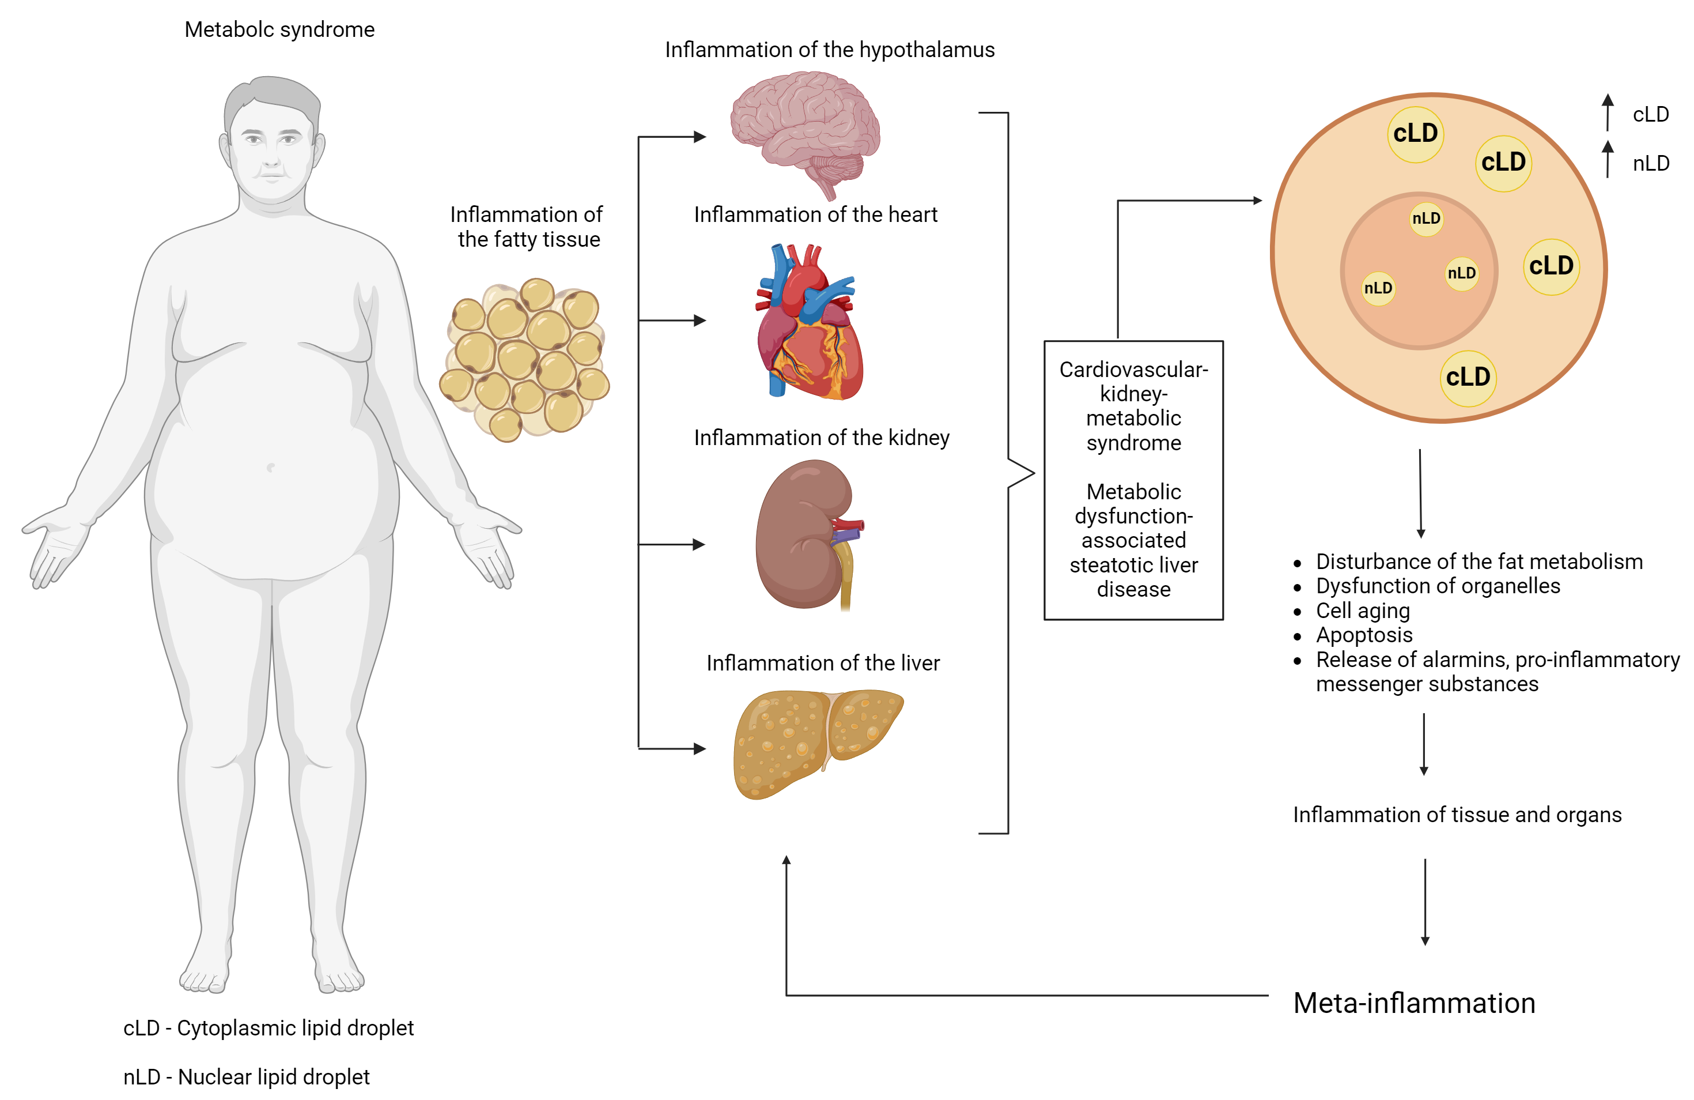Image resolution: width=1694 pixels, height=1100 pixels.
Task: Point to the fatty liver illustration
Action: tap(811, 740)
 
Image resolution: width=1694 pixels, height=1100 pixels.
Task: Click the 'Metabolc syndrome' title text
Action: tap(279, 29)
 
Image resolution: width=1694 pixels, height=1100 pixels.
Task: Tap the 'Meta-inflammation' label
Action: tap(1413, 1003)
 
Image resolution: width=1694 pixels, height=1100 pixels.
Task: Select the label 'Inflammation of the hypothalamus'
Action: tap(829, 50)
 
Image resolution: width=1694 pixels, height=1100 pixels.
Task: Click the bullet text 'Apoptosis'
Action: tap(1364, 634)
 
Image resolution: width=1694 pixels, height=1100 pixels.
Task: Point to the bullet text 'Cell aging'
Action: tap(1362, 610)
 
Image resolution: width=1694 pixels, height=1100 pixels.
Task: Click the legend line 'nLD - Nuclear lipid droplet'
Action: tap(246, 1076)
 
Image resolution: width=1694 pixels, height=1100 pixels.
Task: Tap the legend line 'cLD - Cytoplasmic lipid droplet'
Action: tap(269, 1027)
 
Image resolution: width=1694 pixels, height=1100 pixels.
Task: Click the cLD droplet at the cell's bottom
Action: tap(1468, 378)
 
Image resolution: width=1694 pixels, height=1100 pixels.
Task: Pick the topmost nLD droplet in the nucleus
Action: tap(1425, 219)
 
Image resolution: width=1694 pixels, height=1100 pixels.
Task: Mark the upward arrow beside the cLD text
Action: tap(1607, 112)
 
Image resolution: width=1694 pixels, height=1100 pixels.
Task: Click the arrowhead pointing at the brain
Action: tap(701, 137)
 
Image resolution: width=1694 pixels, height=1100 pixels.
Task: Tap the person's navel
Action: tap(270, 467)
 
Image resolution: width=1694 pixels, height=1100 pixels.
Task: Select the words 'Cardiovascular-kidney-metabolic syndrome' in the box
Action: tap(1133, 406)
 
